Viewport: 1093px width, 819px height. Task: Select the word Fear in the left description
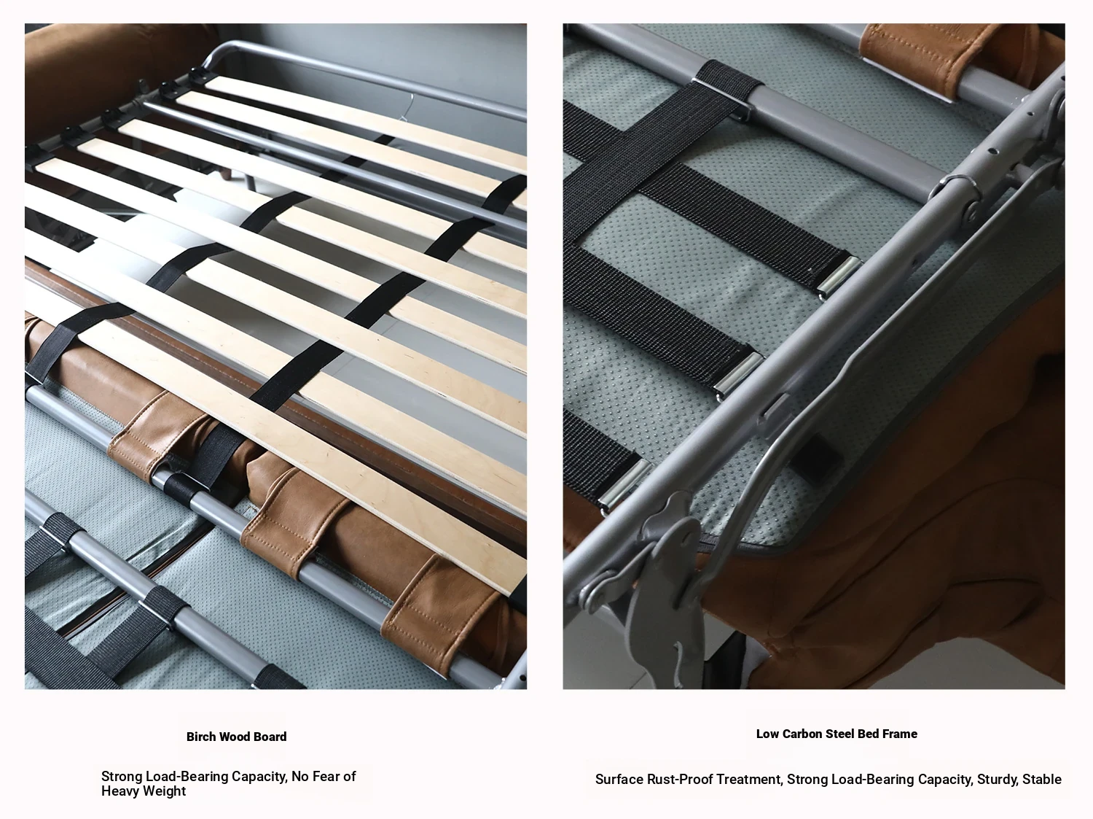[x=327, y=776]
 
